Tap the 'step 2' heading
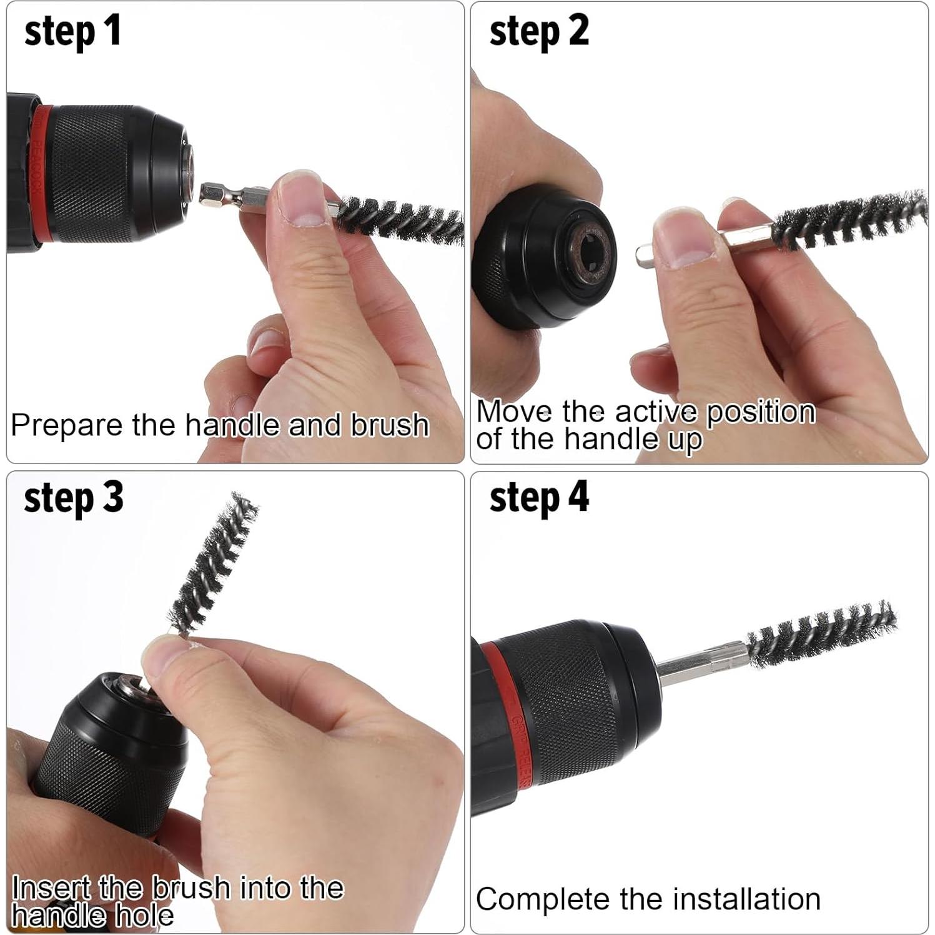pos(538,32)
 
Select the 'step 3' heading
pos(73,497)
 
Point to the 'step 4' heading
pos(538,497)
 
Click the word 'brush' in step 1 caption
pos(389,425)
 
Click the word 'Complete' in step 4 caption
pos(543,899)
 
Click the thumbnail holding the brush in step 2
pos(680,240)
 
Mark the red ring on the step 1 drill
pos(39,175)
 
